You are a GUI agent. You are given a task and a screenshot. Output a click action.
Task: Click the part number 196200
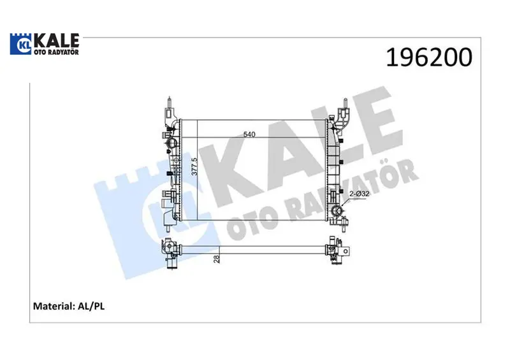click(429, 57)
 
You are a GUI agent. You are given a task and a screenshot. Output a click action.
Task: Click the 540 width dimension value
click(249, 134)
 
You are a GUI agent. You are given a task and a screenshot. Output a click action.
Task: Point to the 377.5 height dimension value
click(194, 166)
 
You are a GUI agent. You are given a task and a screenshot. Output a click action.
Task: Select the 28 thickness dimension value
click(217, 259)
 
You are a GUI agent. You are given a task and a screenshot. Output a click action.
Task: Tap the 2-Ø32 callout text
click(360, 194)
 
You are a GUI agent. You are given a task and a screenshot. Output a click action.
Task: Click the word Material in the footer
click(54, 306)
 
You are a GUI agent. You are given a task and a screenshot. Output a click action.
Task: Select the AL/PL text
click(91, 306)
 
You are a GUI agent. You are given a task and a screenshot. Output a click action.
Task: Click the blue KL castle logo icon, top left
click(20, 44)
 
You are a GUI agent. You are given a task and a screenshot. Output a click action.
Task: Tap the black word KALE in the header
click(57, 40)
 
